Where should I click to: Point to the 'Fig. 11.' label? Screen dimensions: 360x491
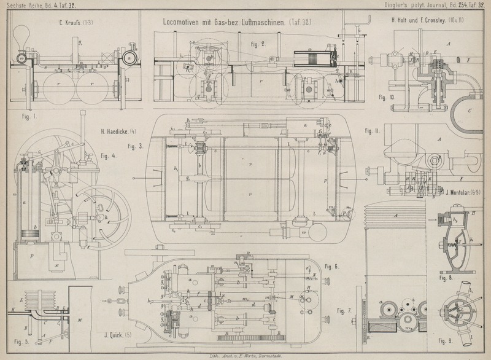pyautogui.click(x=373, y=131)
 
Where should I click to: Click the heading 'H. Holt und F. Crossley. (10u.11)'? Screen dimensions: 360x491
pyautogui.click(x=432, y=21)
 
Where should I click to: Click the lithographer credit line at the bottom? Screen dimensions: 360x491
pyautogui.click(x=244, y=356)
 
